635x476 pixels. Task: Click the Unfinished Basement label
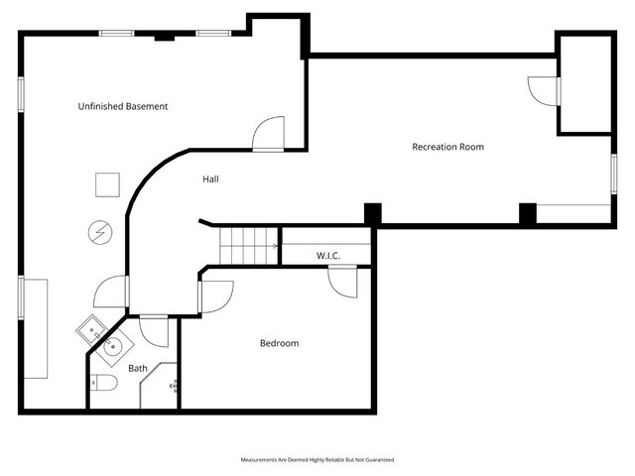[123, 106]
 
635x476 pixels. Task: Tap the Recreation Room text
[447, 147]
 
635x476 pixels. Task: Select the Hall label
[210, 179]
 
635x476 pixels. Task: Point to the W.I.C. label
[328, 256]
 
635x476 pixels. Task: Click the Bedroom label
[279, 343]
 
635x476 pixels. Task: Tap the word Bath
[138, 368]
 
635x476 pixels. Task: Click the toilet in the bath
[105, 384]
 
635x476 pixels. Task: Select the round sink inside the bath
[114, 346]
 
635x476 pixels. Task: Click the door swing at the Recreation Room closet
[545, 91]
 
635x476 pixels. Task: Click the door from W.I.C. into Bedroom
[344, 281]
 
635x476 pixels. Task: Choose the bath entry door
[154, 330]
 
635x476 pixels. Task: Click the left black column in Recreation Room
[372, 213]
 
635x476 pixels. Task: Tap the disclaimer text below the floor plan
[317, 460]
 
